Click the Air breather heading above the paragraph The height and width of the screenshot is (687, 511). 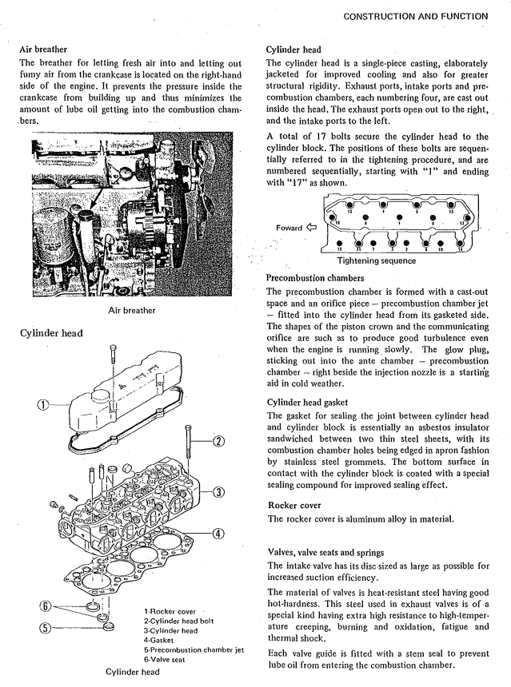pos(48,49)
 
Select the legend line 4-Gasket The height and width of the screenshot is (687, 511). pos(159,640)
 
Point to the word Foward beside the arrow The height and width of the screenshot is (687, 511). pos(289,228)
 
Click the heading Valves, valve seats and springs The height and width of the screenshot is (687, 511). pos(337,552)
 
